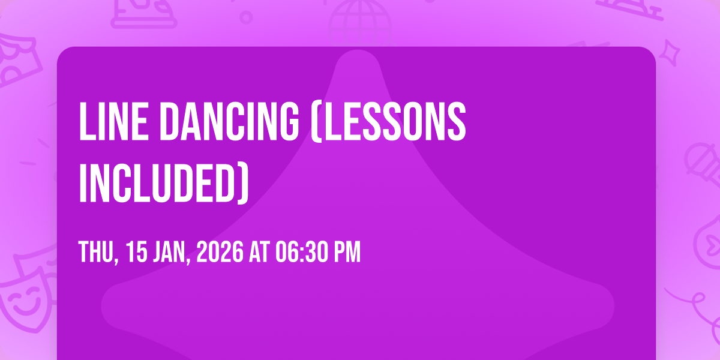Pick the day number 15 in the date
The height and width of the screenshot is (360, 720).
(137, 253)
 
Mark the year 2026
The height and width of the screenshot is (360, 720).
(220, 253)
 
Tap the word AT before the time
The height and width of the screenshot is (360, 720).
(259, 253)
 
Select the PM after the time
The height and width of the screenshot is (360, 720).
(346, 253)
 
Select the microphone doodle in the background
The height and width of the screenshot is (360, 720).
(699, 162)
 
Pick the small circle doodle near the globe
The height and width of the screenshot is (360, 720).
(245, 16)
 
